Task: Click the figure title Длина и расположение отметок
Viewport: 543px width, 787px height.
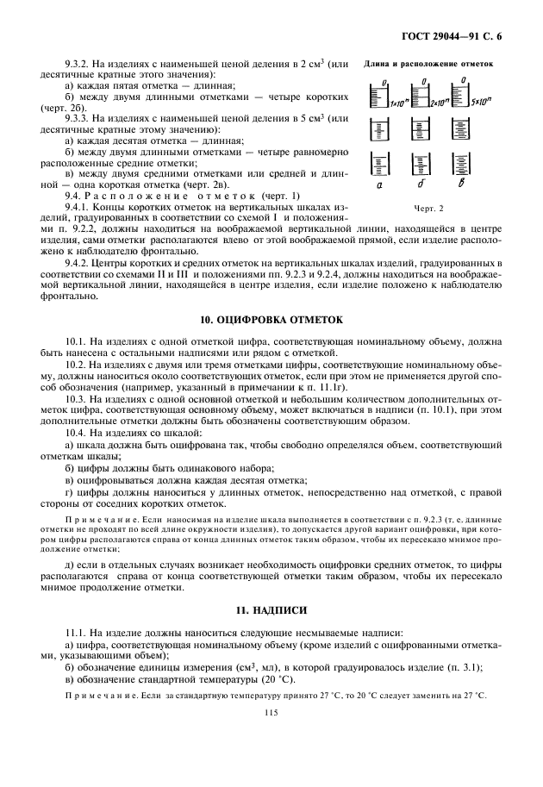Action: click(x=428, y=63)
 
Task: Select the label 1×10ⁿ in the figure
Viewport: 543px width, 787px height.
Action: click(x=398, y=103)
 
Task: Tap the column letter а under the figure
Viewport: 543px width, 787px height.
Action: click(x=379, y=184)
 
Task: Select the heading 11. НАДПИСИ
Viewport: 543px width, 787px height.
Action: click(x=271, y=609)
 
